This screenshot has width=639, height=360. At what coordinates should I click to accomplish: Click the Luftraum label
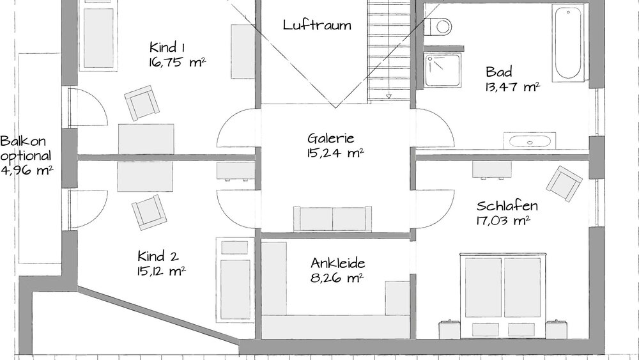(317, 26)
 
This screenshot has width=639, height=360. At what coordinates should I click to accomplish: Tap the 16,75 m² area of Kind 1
(176, 62)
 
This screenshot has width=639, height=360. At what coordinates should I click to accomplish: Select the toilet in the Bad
(440, 26)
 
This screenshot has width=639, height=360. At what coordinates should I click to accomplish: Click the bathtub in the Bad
(570, 43)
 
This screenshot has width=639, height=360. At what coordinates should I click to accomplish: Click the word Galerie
(330, 138)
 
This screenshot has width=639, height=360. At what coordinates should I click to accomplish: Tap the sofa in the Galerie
(332, 219)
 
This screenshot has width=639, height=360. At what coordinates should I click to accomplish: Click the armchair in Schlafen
(564, 183)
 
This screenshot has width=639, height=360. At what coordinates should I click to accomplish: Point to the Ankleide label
(337, 262)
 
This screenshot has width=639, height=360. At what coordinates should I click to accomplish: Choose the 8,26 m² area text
(337, 278)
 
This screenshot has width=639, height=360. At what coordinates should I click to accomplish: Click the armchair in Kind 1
(141, 103)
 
